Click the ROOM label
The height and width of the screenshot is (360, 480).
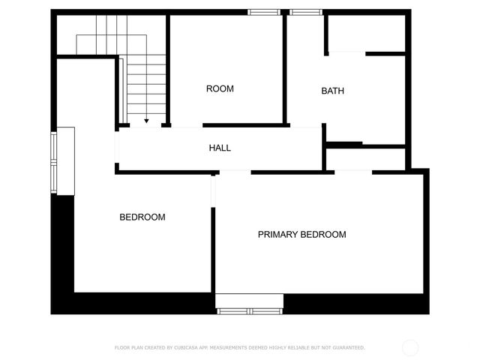pos(220,88)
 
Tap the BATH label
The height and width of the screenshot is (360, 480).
pos(333,91)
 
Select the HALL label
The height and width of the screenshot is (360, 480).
pos(220,148)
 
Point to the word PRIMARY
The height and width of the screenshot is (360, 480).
pos(278,235)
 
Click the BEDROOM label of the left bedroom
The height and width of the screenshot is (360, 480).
pos(142,217)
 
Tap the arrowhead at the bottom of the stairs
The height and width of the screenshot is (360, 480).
pos(146,120)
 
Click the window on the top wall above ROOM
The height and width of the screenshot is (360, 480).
pos(264,12)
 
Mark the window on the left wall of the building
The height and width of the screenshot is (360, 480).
pos(54,161)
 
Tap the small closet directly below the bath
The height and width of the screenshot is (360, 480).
pos(365,159)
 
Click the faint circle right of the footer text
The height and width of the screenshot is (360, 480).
pos(410,348)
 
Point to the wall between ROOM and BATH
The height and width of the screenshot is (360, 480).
pos(284,67)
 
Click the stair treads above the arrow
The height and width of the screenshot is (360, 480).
pos(146,86)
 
